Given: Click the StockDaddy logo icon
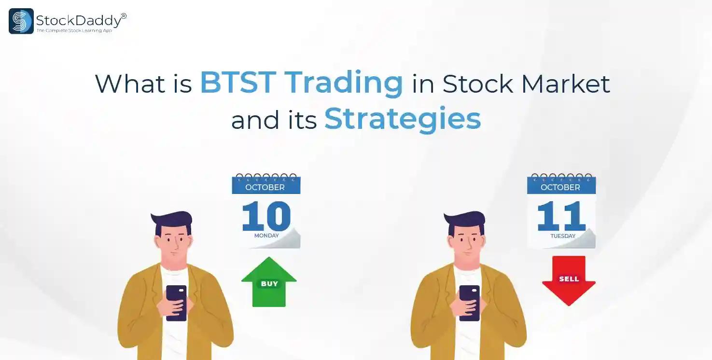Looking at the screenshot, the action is (x=21, y=21).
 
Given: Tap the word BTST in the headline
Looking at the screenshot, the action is (x=238, y=83).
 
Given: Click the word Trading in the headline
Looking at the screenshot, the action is (x=344, y=83).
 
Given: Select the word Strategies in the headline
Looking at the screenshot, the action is (x=403, y=119).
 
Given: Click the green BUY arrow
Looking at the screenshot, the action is (x=269, y=282).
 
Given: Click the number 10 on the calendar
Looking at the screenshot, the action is (x=266, y=216).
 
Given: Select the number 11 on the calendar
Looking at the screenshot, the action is (x=561, y=216).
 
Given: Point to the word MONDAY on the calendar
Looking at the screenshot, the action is (x=266, y=235).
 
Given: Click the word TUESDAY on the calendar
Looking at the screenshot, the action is (x=563, y=236).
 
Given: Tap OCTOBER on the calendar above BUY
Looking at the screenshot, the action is (x=265, y=187).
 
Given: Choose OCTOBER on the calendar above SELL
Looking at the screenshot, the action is (x=560, y=187).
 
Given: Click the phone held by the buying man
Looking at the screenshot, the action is (x=176, y=303).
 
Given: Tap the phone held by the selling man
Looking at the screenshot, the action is (x=470, y=303).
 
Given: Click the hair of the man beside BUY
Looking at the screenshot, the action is (x=173, y=222).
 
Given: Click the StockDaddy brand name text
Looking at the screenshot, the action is (x=79, y=21).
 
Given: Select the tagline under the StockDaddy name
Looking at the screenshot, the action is (x=74, y=30).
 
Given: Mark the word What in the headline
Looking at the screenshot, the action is (x=130, y=83).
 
